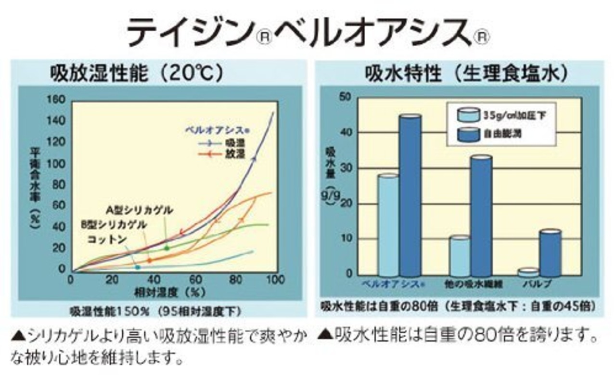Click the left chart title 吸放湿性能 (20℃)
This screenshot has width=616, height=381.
click(x=137, y=74)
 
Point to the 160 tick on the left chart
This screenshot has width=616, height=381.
click(x=56, y=99)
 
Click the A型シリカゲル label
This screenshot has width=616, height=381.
click(x=140, y=210)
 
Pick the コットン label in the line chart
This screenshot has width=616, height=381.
click(x=107, y=239)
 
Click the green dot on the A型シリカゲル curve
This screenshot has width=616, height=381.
click(x=167, y=248)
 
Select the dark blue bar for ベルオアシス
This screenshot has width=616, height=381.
click(x=411, y=195)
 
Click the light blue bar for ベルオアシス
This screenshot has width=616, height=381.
click(x=388, y=224)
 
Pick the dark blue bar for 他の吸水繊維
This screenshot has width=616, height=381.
click(x=481, y=215)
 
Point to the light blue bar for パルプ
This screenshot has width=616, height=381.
click(x=528, y=272)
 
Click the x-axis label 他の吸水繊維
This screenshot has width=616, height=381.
click(x=475, y=285)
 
